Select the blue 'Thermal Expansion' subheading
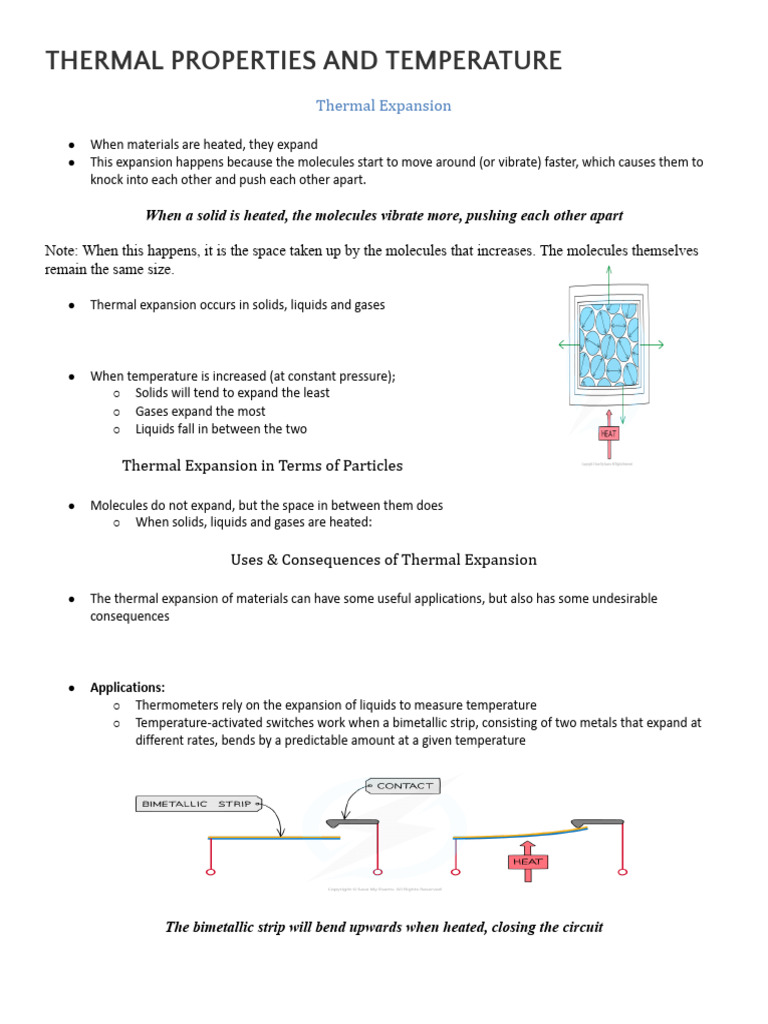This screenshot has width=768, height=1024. click(384, 105)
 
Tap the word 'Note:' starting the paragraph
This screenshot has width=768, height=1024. click(61, 251)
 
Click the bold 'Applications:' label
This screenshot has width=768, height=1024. click(128, 687)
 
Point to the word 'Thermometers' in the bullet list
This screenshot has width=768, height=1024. click(176, 705)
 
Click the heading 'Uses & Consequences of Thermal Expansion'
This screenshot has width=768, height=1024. click(384, 560)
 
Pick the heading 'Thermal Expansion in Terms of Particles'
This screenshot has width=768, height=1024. click(262, 465)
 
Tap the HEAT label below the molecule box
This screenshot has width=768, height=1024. click(609, 433)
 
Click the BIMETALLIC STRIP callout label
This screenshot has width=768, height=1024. click(198, 803)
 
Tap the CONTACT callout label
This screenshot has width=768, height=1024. click(404, 786)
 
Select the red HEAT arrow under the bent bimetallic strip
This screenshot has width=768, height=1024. click(527, 858)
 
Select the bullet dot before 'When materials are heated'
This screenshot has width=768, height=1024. click(73, 145)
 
